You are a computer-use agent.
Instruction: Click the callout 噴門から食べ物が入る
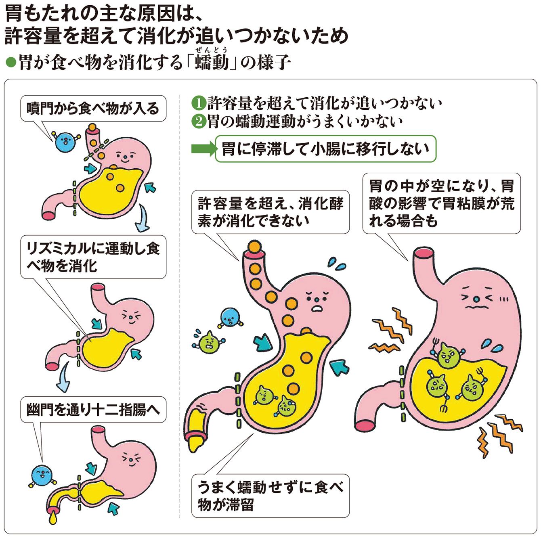pyautogui.click(x=93, y=109)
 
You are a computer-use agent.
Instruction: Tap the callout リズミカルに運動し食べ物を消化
pyautogui.click(x=93, y=257)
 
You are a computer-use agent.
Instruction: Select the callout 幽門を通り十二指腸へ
pyautogui.click(x=93, y=410)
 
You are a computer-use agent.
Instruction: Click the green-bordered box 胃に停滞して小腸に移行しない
pyautogui.click(x=325, y=149)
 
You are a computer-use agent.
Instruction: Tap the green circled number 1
pyautogui.click(x=198, y=103)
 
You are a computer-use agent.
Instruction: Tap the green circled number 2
pyautogui.click(x=198, y=121)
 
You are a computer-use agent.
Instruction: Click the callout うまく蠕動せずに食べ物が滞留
pyautogui.click(x=270, y=496)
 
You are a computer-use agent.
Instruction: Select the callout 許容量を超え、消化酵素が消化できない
pyautogui.click(x=270, y=212)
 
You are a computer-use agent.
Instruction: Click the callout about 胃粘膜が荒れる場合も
pyautogui.click(x=441, y=203)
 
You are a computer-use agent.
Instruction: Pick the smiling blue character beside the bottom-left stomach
pyautogui.click(x=41, y=475)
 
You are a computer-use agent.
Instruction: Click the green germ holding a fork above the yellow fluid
pyautogui.click(x=447, y=354)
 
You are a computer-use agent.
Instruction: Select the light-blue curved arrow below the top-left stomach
pyautogui.click(x=142, y=219)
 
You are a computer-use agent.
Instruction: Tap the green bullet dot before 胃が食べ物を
pyautogui.click(x=11, y=63)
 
